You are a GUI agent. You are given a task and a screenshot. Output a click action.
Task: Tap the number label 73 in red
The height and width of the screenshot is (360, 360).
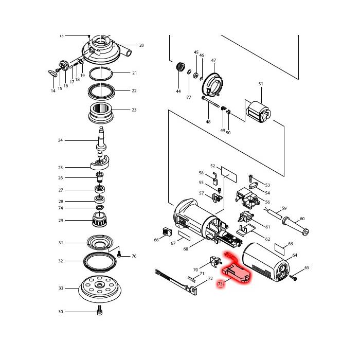click(220, 283)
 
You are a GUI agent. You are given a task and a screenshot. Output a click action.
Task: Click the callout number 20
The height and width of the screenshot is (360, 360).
click(141, 45)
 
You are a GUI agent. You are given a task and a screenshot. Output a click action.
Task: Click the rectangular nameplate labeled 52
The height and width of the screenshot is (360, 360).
click(227, 173)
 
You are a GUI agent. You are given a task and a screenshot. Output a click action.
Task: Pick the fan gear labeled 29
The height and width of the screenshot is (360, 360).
click(101, 221)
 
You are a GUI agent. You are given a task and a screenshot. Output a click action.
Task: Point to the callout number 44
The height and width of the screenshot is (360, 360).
click(178, 91)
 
